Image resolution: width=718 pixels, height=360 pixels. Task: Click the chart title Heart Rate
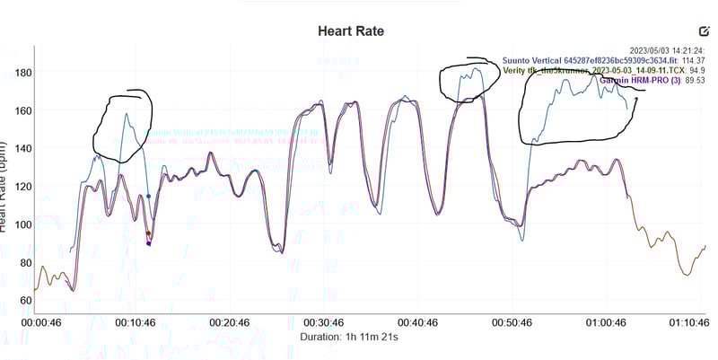(x=351, y=31)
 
